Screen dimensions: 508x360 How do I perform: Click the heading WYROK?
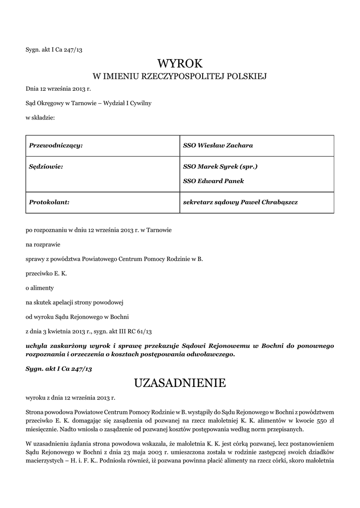pyautogui.click(x=180, y=63)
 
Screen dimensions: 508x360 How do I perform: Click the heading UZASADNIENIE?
pyautogui.click(x=180, y=383)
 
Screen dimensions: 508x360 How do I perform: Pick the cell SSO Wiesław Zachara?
pyautogui.click(x=218, y=145)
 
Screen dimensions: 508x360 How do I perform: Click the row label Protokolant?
pyautogui.click(x=49, y=202)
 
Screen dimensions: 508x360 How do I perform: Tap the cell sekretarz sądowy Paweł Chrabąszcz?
pyautogui.click(x=240, y=202)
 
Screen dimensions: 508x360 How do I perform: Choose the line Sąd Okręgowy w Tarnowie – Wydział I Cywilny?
pyautogui.click(x=88, y=103)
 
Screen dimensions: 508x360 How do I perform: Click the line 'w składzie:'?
pyautogui.click(x=40, y=118)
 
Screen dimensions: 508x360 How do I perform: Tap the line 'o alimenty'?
pyautogui.click(x=40, y=288)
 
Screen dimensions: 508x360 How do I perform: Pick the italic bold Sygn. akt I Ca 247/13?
pyautogui.click(x=59, y=369)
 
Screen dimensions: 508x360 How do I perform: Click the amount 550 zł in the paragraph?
pyautogui.click(x=325, y=421)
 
